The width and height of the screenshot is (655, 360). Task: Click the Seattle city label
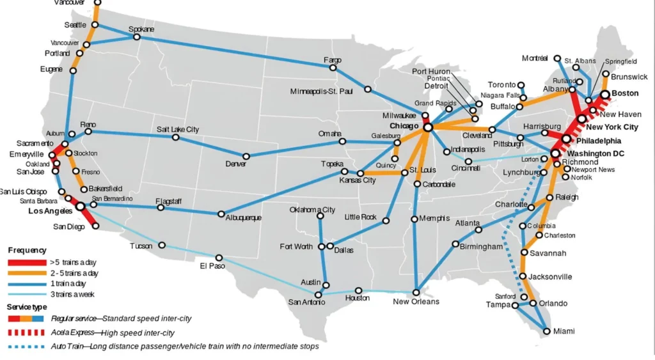(x=75, y=25)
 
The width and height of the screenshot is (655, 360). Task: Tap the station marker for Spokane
(x=136, y=37)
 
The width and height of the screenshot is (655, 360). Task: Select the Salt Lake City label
(x=178, y=129)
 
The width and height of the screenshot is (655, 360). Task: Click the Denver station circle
(x=246, y=156)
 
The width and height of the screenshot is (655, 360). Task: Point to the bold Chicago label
(x=404, y=127)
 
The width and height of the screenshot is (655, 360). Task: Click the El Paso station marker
(x=219, y=258)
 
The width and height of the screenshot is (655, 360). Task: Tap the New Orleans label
(x=416, y=301)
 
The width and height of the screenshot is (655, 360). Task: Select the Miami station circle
(x=546, y=331)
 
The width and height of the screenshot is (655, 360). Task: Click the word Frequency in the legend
(x=27, y=250)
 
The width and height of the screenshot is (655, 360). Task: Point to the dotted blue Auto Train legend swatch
(x=26, y=347)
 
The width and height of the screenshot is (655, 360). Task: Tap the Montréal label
(x=535, y=58)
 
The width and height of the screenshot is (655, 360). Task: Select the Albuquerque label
(x=244, y=218)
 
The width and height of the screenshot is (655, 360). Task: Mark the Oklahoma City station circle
(x=320, y=216)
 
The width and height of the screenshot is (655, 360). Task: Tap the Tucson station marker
(x=162, y=245)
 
